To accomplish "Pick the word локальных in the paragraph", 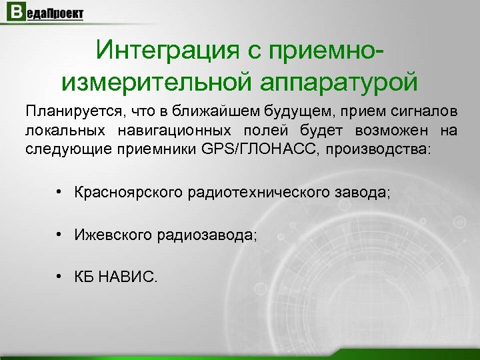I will pos(61,129).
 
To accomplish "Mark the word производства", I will pos(380,148).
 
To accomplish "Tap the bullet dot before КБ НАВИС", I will pos(60,275).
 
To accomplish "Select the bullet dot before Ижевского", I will pos(60,234).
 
